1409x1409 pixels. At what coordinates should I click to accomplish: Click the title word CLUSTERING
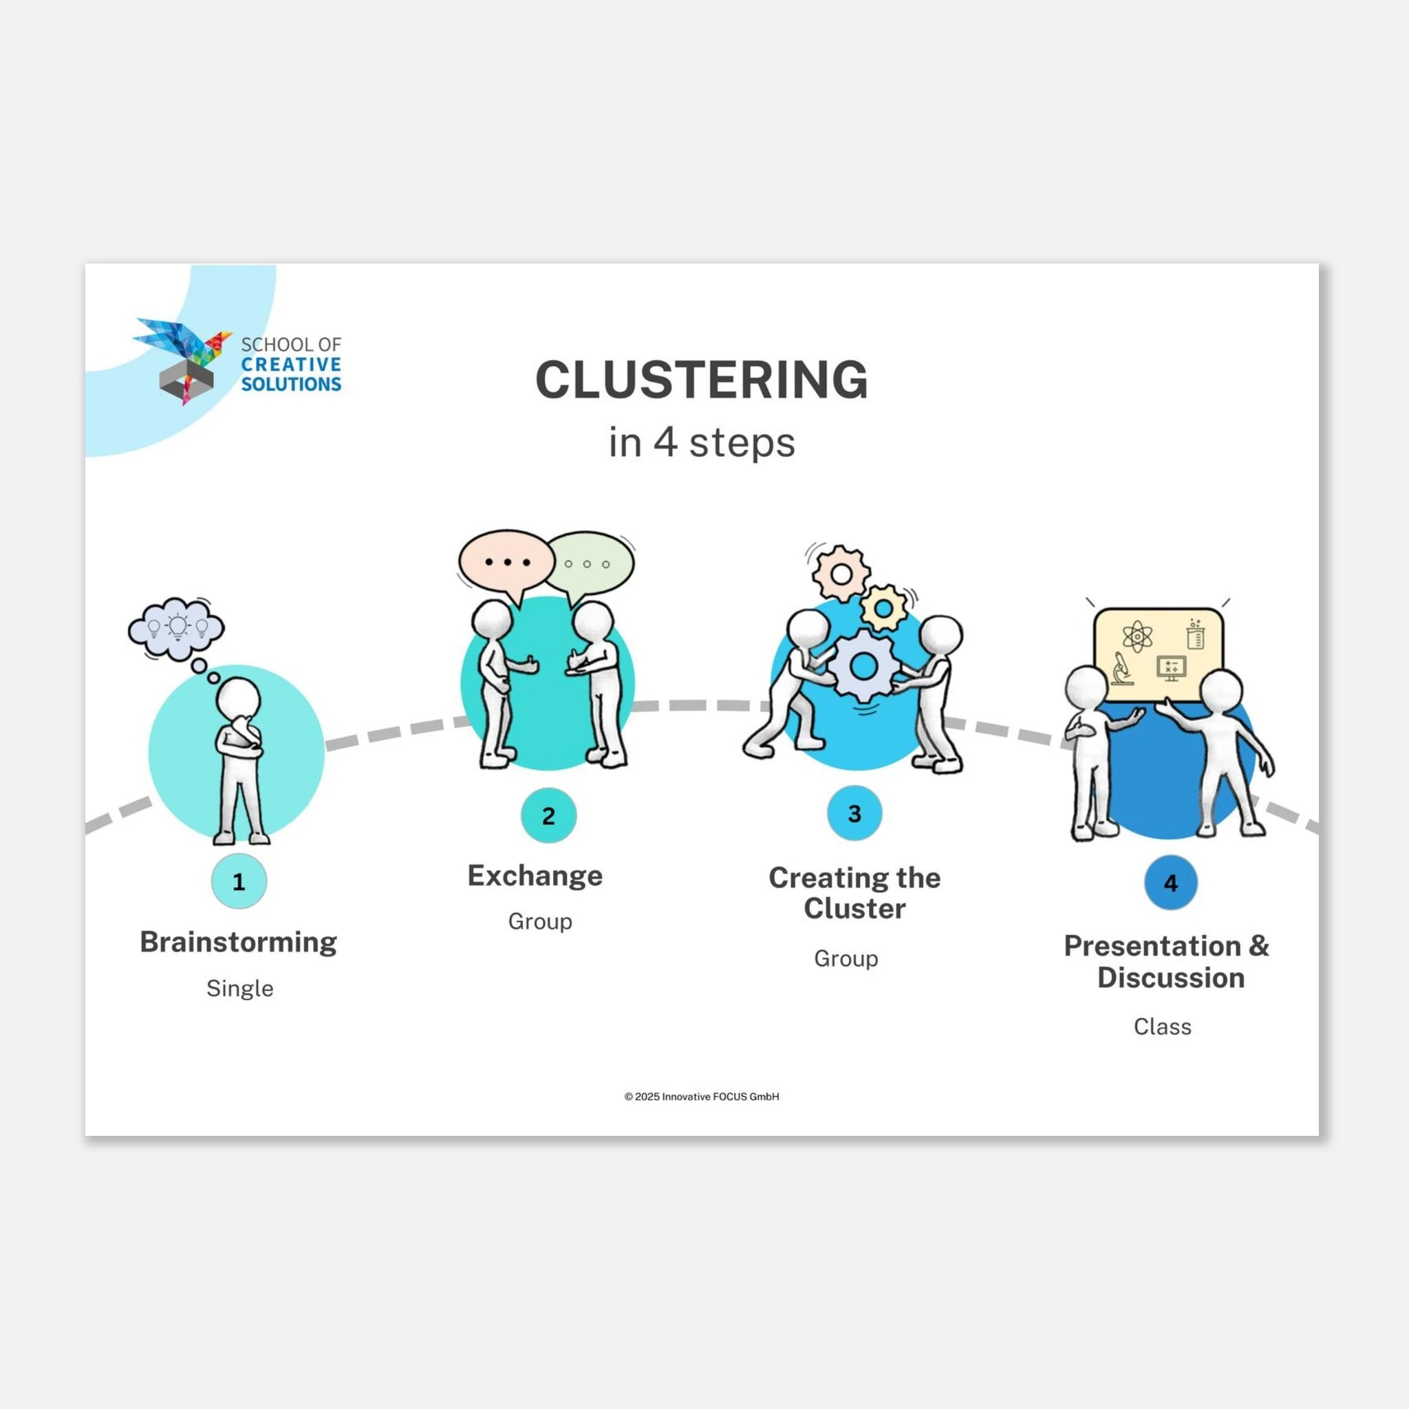tap(702, 379)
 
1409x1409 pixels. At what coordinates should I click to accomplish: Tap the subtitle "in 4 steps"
tap(702, 442)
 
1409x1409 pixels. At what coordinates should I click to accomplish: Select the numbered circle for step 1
tap(239, 881)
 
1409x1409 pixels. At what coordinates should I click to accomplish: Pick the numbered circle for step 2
tap(548, 815)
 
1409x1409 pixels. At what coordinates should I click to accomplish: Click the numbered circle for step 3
tap(854, 813)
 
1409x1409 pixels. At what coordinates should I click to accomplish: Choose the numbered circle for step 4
tap(1170, 883)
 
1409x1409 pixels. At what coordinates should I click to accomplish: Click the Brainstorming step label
tap(239, 943)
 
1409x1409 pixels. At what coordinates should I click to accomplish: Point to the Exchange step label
tap(535, 875)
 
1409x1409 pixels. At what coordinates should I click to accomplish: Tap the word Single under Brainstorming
tap(240, 988)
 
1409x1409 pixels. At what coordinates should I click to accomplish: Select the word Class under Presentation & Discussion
tap(1163, 1026)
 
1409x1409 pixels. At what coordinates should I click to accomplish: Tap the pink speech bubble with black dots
tap(506, 563)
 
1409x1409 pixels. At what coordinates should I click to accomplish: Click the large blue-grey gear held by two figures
tap(863, 665)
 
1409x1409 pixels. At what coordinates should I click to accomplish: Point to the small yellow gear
tap(884, 607)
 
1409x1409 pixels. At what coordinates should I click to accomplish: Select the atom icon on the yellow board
tap(1137, 636)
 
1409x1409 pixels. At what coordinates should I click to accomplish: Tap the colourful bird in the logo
tap(182, 343)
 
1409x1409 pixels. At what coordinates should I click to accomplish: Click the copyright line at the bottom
tap(702, 1096)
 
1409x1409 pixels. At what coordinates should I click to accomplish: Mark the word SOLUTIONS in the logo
tap(291, 384)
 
